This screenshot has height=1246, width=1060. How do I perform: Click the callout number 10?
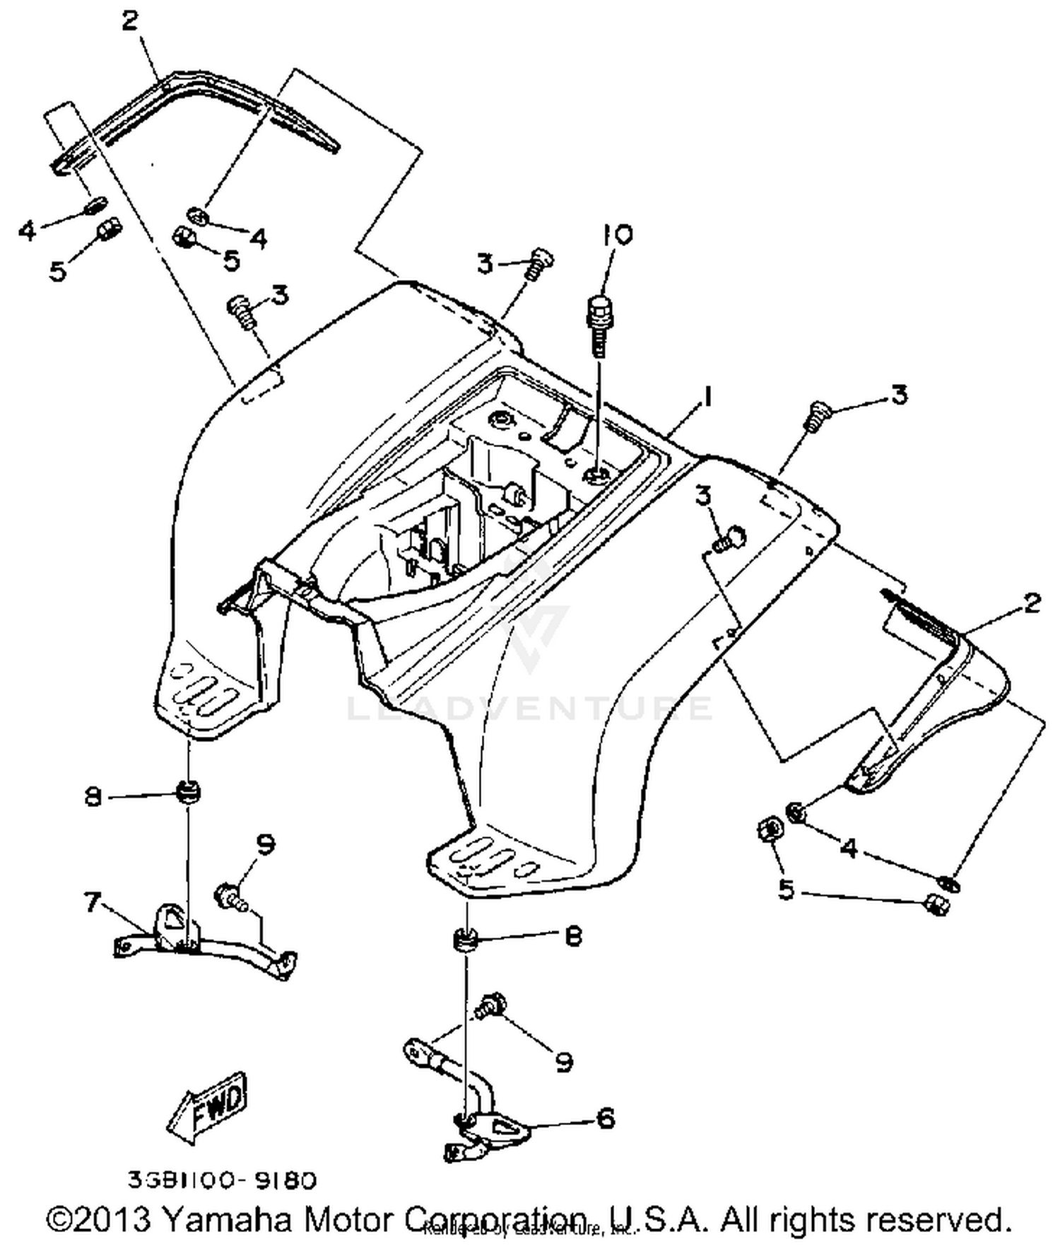(617, 236)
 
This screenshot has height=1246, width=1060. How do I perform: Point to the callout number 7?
(93, 902)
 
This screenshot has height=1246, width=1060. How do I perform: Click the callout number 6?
(606, 1119)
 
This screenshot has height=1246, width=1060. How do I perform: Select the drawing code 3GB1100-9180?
(222, 1180)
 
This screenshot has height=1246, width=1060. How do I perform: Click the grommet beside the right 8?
(466, 940)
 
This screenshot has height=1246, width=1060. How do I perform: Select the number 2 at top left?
(130, 21)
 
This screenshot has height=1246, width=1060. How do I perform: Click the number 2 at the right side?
(1032, 603)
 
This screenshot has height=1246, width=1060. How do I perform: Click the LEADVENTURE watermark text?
(530, 708)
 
